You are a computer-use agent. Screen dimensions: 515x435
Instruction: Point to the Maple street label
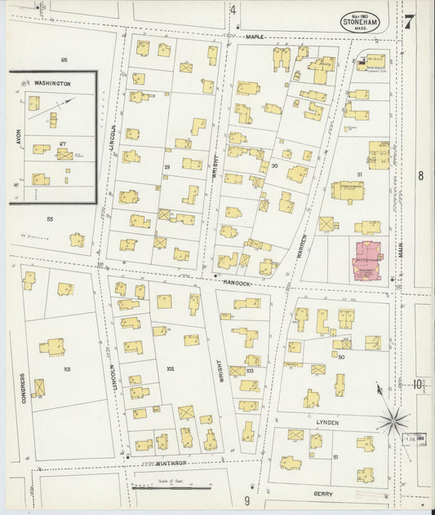click(x=255, y=36)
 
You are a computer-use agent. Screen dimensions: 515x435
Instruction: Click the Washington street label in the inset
click(x=52, y=84)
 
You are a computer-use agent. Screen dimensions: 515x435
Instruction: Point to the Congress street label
click(x=24, y=390)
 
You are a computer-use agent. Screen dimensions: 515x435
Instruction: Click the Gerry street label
click(x=326, y=493)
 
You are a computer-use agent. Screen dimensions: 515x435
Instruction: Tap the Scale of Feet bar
click(x=171, y=488)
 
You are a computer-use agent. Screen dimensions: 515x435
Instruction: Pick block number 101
click(x=67, y=369)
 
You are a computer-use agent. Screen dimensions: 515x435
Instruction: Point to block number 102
click(x=170, y=368)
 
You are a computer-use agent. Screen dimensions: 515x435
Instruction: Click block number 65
click(x=63, y=60)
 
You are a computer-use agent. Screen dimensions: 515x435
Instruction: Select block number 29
click(x=166, y=167)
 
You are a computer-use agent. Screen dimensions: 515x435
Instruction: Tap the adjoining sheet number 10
click(x=419, y=385)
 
